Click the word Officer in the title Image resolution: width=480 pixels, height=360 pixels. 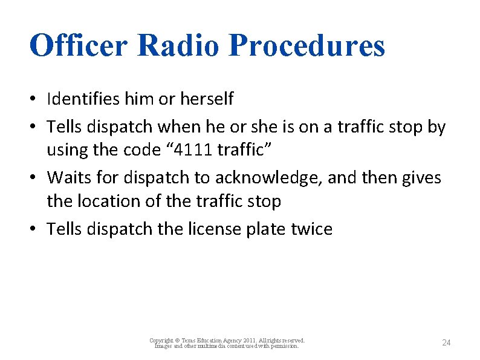click(x=78, y=45)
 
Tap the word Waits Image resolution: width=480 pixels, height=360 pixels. click(x=65, y=178)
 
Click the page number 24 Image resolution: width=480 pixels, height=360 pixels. click(x=446, y=343)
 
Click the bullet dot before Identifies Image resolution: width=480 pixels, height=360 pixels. click(x=37, y=99)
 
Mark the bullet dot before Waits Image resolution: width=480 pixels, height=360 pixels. click(x=37, y=178)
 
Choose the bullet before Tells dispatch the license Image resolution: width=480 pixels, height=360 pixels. click(x=37, y=230)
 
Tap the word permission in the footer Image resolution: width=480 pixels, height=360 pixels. click(x=284, y=346)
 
